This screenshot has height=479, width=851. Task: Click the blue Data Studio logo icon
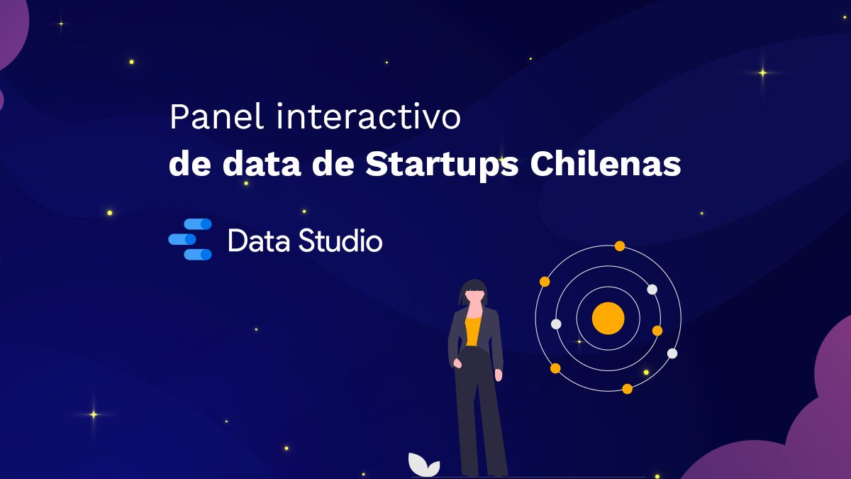coord(190,239)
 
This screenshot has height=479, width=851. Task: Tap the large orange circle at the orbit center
coord(608,318)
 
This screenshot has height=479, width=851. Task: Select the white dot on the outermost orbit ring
coord(672,353)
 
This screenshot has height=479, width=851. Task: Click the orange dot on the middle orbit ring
coord(657,331)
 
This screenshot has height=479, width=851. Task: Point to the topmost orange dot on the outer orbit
coord(620,246)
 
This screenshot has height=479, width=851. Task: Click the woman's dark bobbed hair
coord(474,290)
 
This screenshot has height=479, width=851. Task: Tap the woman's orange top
coord(473,330)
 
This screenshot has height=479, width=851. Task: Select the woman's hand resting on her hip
coord(457,364)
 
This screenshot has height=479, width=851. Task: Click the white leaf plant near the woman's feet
coord(423,466)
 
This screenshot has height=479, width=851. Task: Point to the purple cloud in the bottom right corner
coord(794,440)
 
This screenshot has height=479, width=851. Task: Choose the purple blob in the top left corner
coord(10,28)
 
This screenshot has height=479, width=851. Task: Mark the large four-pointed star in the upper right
coord(763,72)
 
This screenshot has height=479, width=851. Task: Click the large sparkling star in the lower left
coord(93,414)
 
